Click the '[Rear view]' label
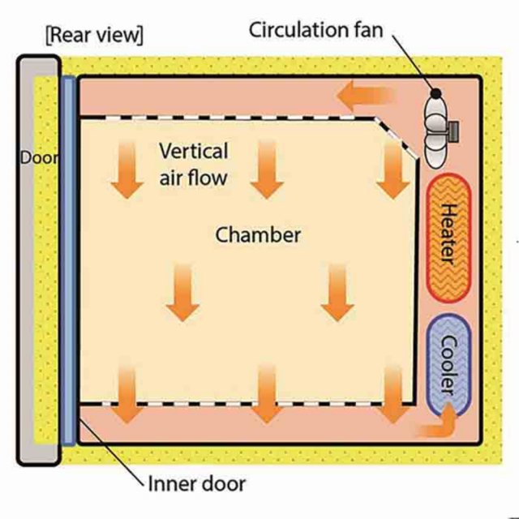96,36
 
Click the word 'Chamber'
258,235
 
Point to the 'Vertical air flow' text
193,163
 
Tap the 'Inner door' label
196,485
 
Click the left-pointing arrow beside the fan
367,97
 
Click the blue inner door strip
68,259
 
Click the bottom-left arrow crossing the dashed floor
126,393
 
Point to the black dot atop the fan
436,94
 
